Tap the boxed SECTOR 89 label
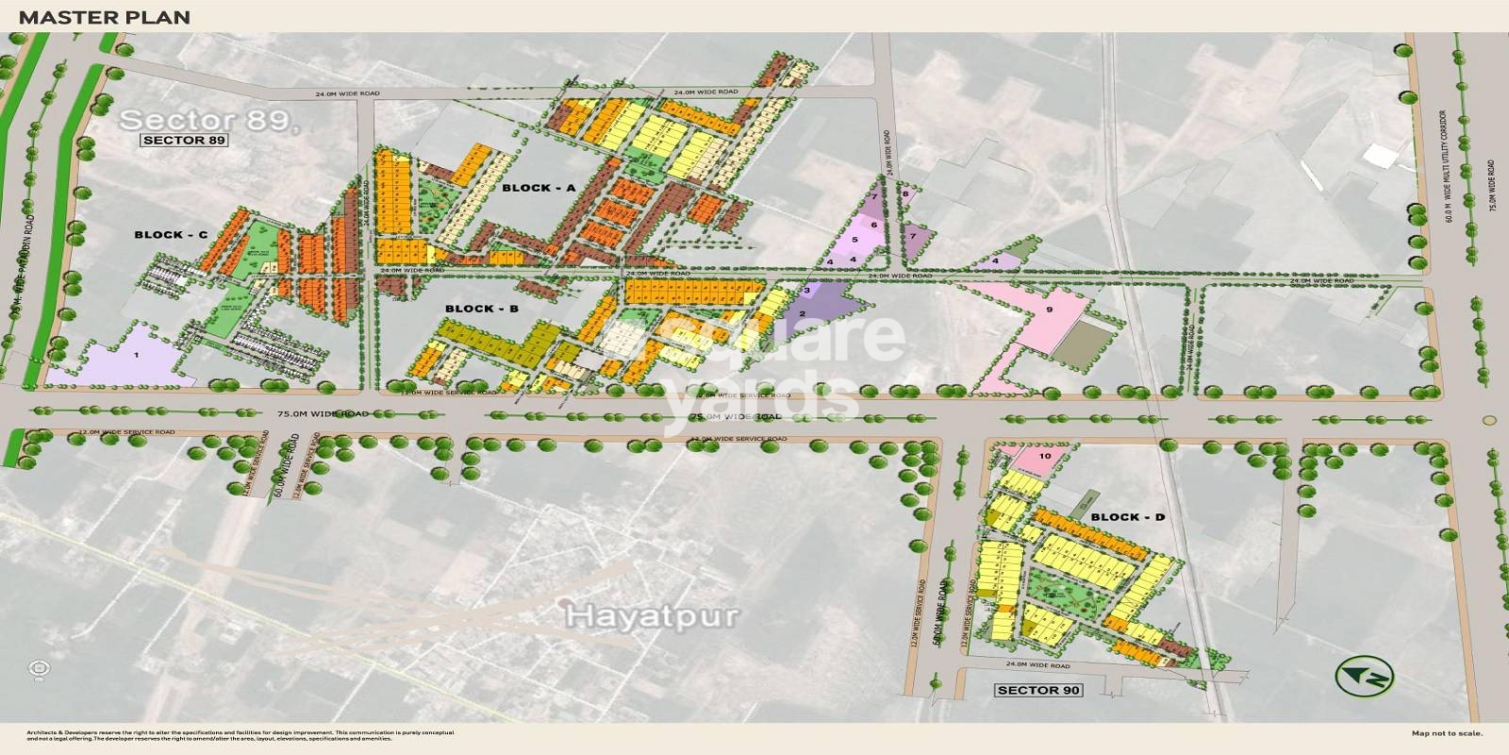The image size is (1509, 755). tap(185, 141)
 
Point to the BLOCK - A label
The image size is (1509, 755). tap(539, 188)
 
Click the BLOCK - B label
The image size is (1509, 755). tap(482, 309)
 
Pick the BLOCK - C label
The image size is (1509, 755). tap(171, 235)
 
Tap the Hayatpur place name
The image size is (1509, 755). tap(651, 616)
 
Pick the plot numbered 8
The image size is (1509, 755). tap(905, 194)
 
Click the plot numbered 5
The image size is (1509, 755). tap(855, 240)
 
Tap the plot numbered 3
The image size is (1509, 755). tap(807, 288)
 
